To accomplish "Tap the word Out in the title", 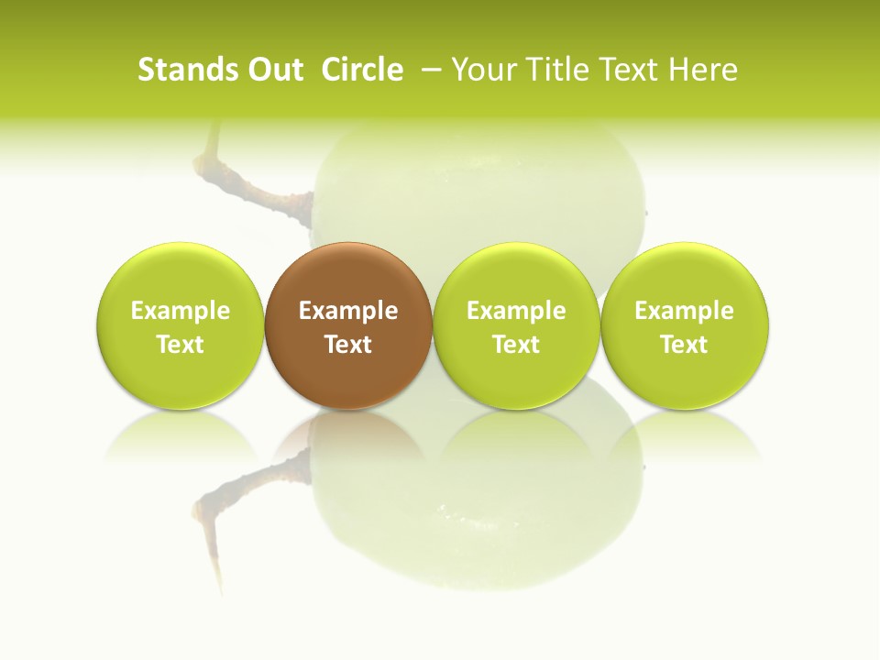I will click(x=274, y=70).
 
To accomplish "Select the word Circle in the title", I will click(x=362, y=70).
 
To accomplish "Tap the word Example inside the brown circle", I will click(x=348, y=311).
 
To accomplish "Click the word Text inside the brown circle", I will click(x=348, y=345).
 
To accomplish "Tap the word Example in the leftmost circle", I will click(x=181, y=311).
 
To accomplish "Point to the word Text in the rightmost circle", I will click(x=685, y=345).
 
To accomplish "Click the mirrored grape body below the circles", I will click(x=477, y=513).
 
